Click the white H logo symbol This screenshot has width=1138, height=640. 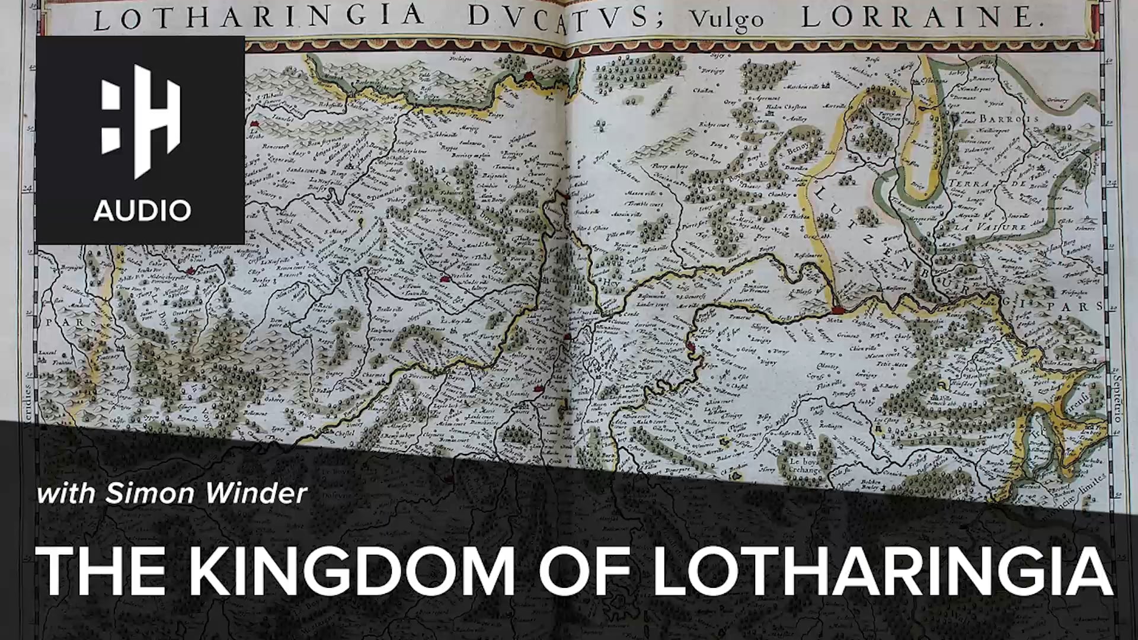coord(140,121)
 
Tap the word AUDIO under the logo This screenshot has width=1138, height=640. coord(142,210)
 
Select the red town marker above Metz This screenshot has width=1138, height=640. coord(837,309)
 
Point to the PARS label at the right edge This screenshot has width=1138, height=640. coord(1085,307)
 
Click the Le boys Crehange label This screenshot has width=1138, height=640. coord(804,466)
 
